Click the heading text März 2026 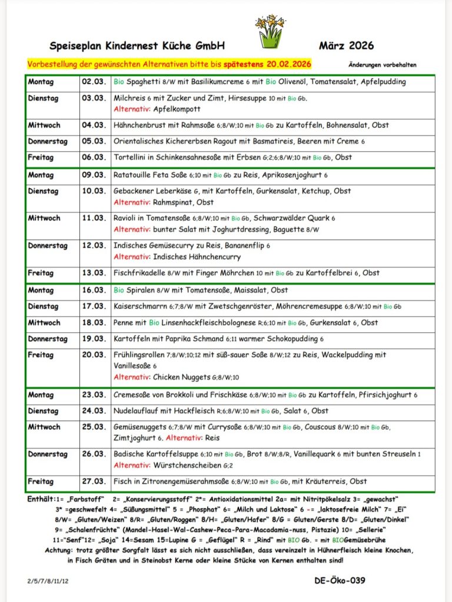(x=346, y=45)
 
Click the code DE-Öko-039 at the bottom (x=340, y=581)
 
